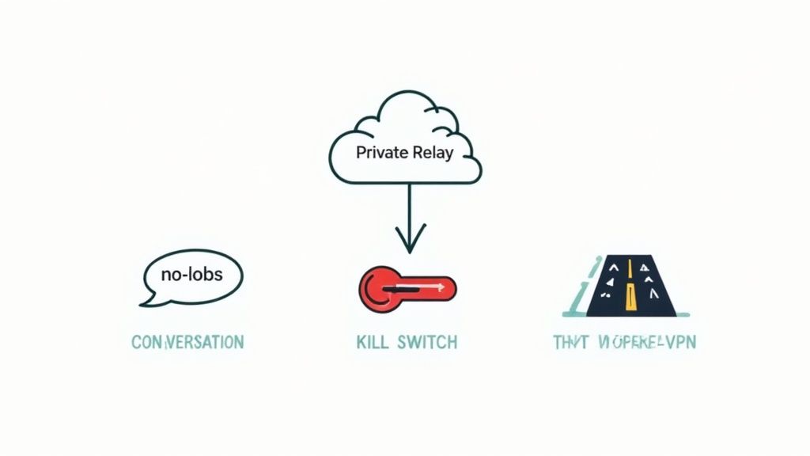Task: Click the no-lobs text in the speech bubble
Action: coord(191,275)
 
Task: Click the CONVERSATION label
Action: coord(187,343)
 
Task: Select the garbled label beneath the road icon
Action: coord(625,343)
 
